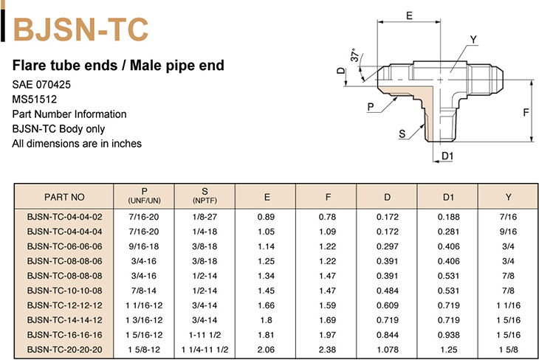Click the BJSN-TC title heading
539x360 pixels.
tap(80, 30)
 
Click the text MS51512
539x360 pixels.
tap(35, 100)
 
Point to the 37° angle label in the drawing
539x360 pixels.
tap(354, 55)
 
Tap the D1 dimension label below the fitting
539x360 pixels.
tap(447, 156)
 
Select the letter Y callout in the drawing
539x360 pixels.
tap(473, 40)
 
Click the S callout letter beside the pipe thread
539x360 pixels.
tap(402, 134)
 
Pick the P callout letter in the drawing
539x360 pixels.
tap(371, 107)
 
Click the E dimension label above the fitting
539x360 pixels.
tap(409, 15)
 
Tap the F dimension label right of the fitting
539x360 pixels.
tap(526, 112)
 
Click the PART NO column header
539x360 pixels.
tap(64, 197)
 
